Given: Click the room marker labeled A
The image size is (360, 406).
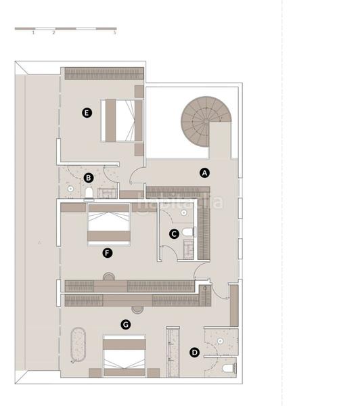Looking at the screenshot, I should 206,173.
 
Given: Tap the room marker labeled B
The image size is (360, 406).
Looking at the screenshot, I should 88,178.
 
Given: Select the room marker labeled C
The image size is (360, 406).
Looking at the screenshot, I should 174,234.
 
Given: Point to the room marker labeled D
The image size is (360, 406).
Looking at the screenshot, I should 195,352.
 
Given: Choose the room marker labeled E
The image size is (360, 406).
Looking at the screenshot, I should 86,113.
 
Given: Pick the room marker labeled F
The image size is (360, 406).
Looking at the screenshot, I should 106,253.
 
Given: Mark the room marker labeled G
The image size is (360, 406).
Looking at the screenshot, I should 125,325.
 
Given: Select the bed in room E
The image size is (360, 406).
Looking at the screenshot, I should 122,120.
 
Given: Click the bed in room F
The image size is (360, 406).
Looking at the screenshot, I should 108,225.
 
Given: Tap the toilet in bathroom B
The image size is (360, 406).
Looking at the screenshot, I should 88,194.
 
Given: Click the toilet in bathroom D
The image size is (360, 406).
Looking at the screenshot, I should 227,367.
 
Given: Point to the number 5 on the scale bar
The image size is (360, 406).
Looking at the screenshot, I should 115,33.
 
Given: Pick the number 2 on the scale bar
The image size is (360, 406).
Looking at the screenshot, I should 53,33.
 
